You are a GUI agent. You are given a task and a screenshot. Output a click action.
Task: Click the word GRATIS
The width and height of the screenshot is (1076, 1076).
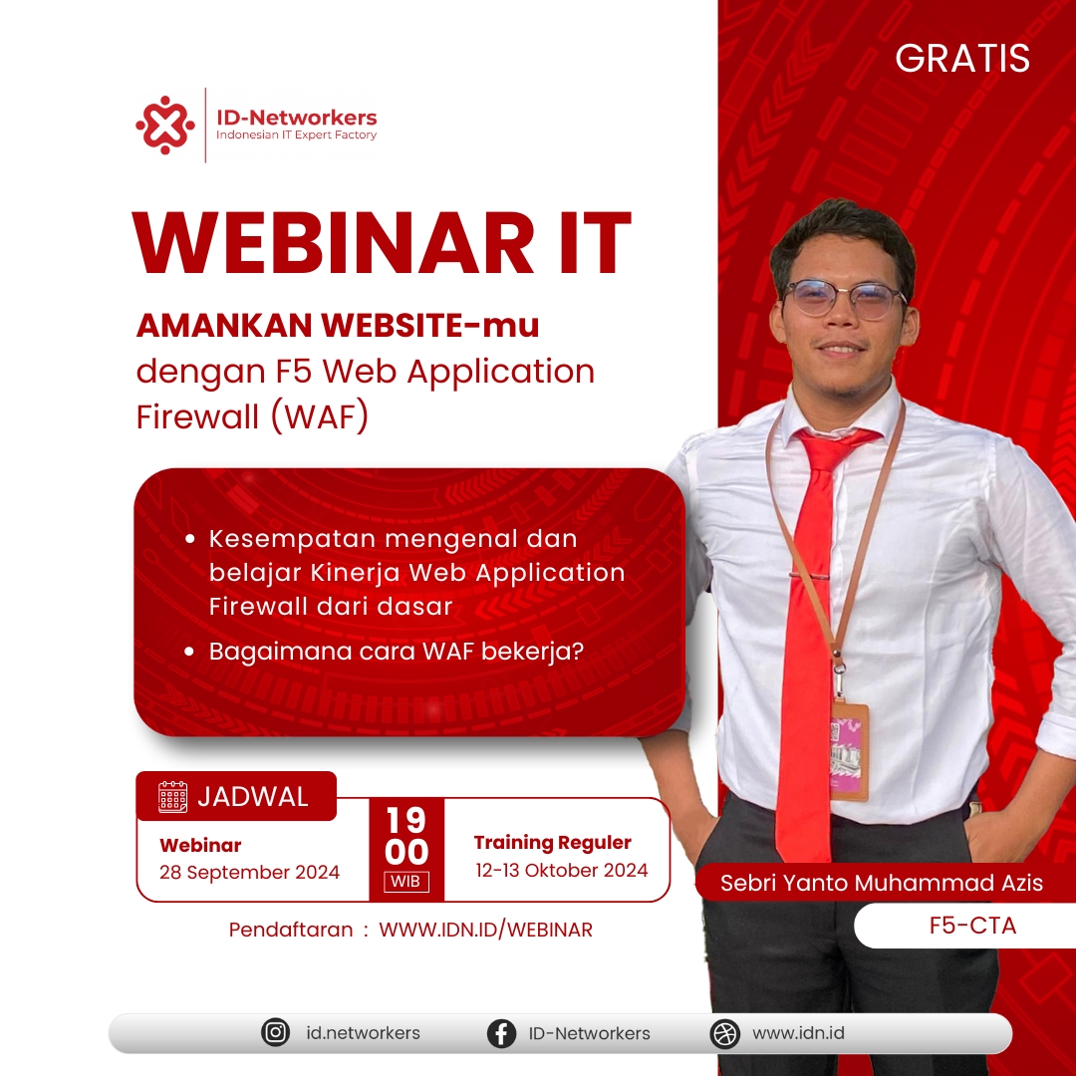(962, 59)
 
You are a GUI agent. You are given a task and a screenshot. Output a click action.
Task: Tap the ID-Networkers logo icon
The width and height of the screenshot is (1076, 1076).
(165, 125)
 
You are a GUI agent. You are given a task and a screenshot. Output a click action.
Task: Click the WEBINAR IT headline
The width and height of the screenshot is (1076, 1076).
(382, 244)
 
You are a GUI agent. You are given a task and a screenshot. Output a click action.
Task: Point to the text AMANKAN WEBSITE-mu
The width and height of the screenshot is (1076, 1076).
(338, 326)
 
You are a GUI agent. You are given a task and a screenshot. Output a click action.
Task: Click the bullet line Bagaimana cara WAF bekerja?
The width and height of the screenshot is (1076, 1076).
(397, 652)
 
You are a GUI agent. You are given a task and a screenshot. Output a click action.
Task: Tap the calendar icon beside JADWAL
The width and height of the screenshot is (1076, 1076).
(173, 797)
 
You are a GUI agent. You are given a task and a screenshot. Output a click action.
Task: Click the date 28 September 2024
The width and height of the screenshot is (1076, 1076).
(249, 872)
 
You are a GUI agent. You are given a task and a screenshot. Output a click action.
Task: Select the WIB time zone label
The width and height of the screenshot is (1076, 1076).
(406, 881)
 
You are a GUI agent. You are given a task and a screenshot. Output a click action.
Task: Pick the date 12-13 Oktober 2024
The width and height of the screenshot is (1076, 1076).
(561, 870)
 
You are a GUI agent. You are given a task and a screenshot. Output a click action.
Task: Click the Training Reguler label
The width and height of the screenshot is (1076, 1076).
(552, 843)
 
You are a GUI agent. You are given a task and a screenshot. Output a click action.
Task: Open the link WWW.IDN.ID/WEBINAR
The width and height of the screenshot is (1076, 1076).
(485, 930)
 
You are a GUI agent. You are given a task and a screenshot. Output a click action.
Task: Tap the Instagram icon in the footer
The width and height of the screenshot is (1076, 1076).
(275, 1033)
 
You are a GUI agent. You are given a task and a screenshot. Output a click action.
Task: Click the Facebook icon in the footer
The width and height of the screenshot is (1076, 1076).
(501, 1033)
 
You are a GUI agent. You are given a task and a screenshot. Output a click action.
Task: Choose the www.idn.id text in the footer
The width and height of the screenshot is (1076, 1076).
(798, 1033)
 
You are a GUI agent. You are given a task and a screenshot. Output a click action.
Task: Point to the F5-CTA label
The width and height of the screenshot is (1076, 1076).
(972, 926)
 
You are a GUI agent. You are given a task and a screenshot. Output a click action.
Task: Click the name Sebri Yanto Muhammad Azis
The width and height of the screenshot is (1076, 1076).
(882, 884)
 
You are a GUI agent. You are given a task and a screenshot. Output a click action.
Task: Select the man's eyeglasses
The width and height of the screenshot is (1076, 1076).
(843, 298)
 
